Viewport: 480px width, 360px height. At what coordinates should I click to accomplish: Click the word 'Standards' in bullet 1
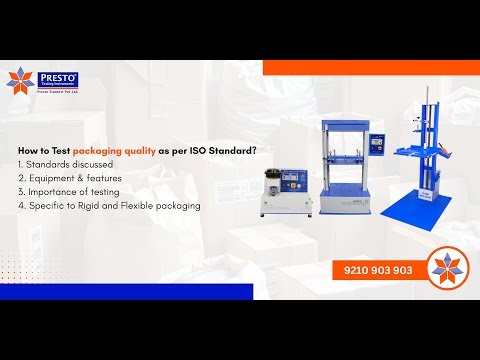(48, 163)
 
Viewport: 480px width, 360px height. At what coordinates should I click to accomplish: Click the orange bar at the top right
(370, 67)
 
